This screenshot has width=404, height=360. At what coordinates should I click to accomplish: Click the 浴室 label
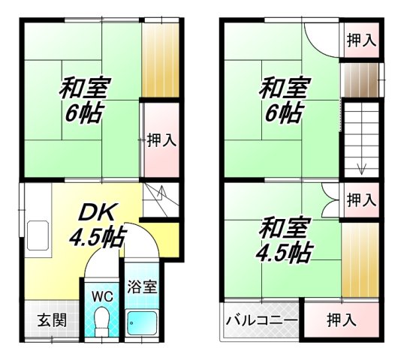141,286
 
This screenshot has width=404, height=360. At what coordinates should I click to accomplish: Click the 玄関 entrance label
52,319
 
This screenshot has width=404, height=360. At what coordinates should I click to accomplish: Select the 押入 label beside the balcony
341,320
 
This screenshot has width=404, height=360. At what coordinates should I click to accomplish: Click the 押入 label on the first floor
161,139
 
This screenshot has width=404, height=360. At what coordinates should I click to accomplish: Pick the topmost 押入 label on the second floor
361,41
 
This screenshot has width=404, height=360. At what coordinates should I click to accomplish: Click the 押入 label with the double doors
361,200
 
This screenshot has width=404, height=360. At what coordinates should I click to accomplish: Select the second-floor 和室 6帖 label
282,101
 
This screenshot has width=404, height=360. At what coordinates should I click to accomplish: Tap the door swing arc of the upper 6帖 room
319,37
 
